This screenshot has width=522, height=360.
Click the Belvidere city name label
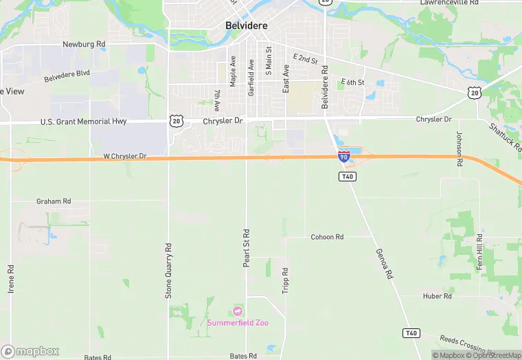pyautogui.click(x=246, y=25)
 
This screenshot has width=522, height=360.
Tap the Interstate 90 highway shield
pyautogui.click(x=343, y=157)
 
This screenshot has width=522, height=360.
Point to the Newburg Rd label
pyautogui.click(x=84, y=44)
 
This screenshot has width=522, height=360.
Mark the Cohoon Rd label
pyautogui.click(x=327, y=237)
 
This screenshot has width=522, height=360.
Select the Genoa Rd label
pyautogui.click(x=384, y=264)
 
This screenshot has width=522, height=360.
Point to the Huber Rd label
pyautogui.click(x=437, y=296)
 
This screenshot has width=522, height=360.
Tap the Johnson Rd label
pyautogui.click(x=459, y=145)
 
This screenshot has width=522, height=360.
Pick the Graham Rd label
pyautogui.click(x=54, y=201)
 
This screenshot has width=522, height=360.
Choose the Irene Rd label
pyautogui.click(x=11, y=280)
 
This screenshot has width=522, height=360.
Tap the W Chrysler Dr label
pyautogui.click(x=125, y=157)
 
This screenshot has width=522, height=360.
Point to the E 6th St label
pyautogui.click(x=352, y=82)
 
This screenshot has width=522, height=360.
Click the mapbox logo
pyautogui.click(x=29, y=351)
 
